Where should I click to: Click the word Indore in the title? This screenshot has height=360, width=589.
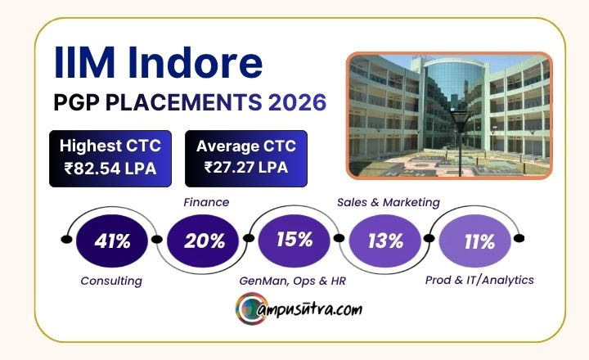pos(195,62)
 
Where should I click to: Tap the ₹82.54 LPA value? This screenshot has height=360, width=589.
pos(110,169)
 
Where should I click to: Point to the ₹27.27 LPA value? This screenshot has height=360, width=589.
pos(246,167)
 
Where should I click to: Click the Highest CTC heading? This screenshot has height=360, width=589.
pos(110,146)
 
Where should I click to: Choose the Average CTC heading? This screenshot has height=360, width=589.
pos(246,146)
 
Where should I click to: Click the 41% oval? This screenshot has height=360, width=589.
pos(112,241)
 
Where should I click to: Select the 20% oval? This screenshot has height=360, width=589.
pos(203,241)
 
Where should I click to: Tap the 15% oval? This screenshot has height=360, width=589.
pos(294,241)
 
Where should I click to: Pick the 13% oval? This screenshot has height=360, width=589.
pos(385,241)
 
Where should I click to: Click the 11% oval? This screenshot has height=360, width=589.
pos(475,241)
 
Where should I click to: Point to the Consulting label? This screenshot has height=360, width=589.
pos(111,281)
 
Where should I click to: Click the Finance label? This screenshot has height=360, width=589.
pos(206,202)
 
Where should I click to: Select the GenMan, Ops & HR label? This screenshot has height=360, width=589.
pos(292,281)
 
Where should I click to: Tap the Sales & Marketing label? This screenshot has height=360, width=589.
pos(389,203)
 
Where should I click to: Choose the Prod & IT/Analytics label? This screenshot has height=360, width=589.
pos(479,281)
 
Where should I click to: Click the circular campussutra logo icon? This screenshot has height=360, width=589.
pos(252,308)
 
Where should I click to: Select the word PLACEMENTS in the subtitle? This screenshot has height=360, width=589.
pos(184,102)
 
